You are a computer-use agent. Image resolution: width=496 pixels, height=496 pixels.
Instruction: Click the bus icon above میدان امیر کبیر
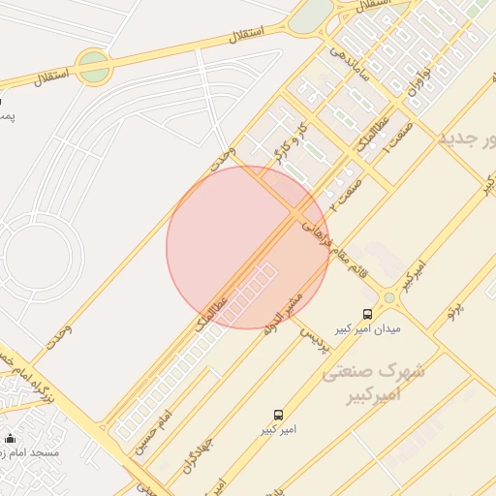click(367, 313)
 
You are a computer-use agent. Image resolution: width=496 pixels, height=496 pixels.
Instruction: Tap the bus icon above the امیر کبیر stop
click(278, 415)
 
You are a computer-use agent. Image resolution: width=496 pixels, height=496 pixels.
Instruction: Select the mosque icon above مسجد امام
click(11, 438)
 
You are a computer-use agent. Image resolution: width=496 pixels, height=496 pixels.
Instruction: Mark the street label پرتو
click(455, 312)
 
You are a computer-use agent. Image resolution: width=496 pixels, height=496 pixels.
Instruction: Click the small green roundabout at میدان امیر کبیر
click(388, 297)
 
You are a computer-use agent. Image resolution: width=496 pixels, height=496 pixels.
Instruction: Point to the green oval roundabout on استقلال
click(93, 67)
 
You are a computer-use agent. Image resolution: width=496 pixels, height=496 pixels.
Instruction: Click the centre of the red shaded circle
click(248, 247)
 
